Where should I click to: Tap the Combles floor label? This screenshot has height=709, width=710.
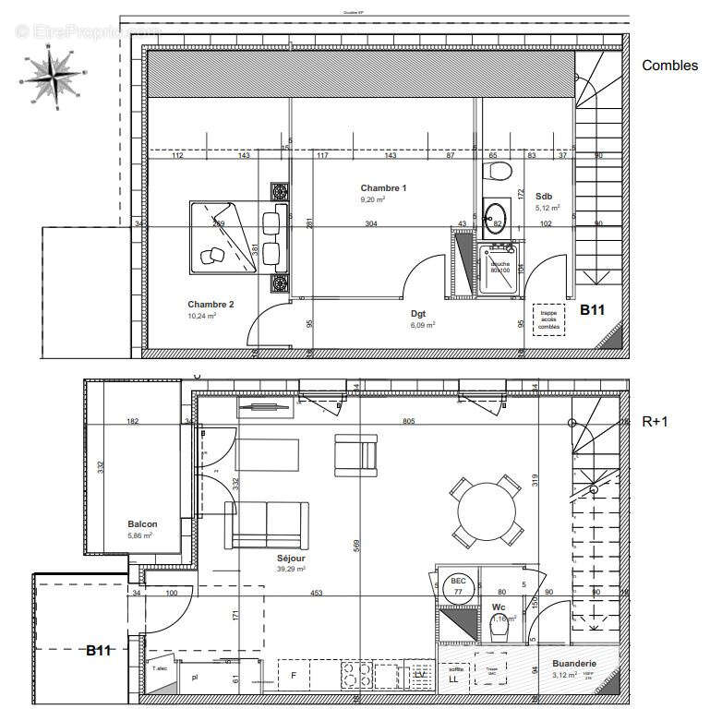click(669, 66)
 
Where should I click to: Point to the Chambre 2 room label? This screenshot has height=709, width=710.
click(211, 305)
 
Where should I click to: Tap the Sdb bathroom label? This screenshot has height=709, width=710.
click(544, 196)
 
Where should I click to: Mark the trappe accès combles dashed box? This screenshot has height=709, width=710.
click(549, 318)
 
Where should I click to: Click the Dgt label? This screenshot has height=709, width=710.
click(418, 314)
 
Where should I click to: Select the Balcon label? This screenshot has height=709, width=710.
click(142, 523)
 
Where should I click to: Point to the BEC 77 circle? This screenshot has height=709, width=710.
click(457, 587)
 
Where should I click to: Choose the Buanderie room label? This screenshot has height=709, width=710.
click(574, 664)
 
